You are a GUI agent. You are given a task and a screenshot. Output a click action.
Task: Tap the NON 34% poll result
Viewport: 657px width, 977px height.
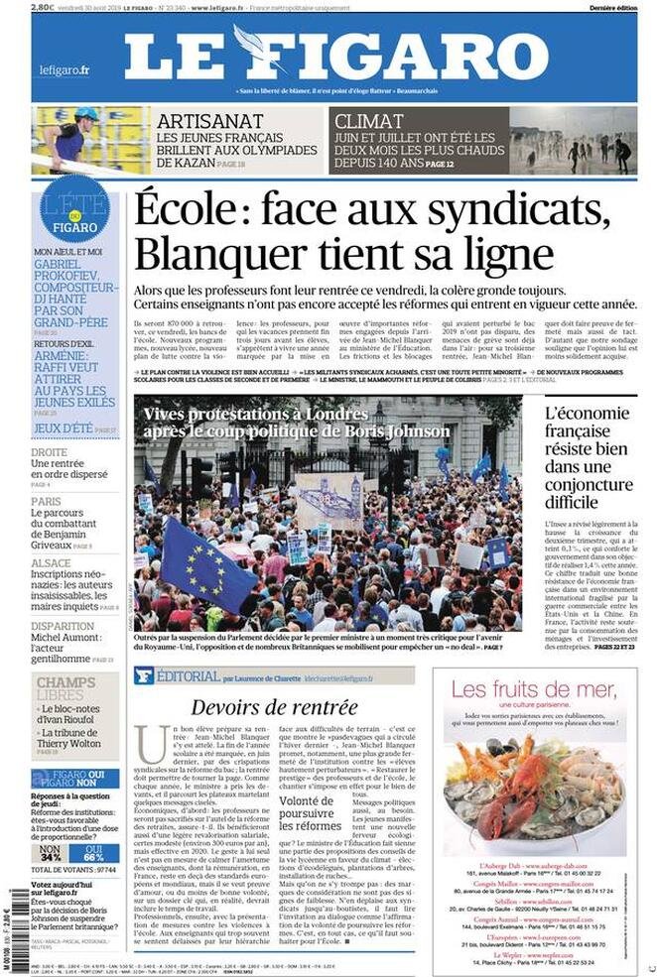50,853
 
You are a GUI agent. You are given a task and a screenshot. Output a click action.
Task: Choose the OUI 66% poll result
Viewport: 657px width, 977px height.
93,853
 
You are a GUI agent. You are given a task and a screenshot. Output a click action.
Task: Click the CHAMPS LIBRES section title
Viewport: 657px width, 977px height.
66,689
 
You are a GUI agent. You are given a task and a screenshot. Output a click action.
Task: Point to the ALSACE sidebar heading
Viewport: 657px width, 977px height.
51,562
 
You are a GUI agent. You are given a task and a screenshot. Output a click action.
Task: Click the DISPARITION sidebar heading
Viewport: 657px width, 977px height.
63,626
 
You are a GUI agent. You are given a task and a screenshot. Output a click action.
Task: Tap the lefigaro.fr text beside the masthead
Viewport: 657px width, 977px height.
64,70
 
